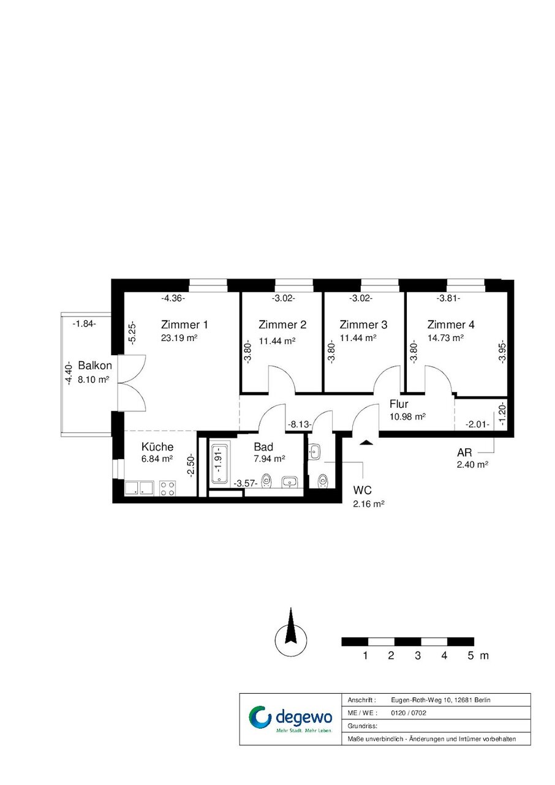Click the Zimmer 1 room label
coord(184,325)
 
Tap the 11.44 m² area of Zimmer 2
coord(277,341)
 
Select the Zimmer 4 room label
coord(450,325)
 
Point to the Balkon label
coord(95,366)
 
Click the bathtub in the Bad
coord(220,464)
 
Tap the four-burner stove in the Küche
coord(167,488)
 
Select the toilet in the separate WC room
coord(322,481)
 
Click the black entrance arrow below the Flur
coord(366,442)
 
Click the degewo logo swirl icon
coord(260,716)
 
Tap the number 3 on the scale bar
coord(418,655)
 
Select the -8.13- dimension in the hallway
coord(300,424)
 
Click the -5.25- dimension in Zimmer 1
coord(132,333)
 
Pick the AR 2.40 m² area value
coord(472,464)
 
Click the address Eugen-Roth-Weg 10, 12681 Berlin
coord(440,700)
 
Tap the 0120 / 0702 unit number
coord(409,713)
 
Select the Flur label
coord(399,404)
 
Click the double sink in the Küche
coord(139,488)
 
